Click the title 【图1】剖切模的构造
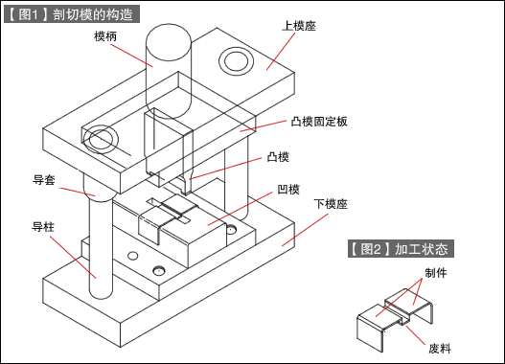pyautogui.click(x=73, y=15)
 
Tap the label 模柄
pyautogui.click(x=107, y=36)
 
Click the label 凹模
pyautogui.click(x=288, y=189)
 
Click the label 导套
pyautogui.click(x=44, y=179)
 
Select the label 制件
pyautogui.click(x=436, y=273)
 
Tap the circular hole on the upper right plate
pyautogui.click(x=236, y=62)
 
